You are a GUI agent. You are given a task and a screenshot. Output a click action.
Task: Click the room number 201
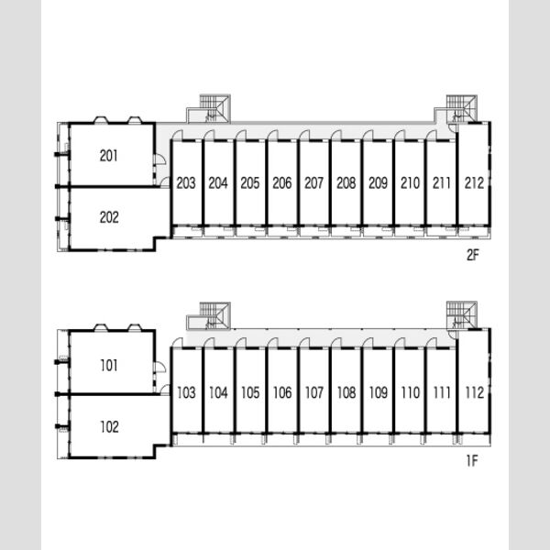[108, 156]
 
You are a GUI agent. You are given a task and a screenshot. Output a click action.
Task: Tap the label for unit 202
[109, 217]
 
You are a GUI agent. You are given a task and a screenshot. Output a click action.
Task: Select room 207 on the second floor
[313, 182]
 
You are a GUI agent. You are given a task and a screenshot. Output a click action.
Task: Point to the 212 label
[474, 182]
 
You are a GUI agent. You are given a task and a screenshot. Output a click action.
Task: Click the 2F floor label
[472, 256]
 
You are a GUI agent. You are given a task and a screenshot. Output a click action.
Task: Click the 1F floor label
[472, 461]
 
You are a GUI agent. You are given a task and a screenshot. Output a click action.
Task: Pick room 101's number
[109, 366]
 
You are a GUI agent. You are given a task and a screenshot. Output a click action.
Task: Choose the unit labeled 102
[109, 427]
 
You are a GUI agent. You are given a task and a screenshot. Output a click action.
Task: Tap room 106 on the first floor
[282, 392]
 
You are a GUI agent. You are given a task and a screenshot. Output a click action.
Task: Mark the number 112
[475, 392]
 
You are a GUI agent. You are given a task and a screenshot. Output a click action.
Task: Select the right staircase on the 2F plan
[461, 109]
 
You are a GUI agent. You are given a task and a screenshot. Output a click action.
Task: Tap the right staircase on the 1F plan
[462, 315]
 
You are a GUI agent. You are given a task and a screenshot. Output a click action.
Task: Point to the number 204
[218, 182]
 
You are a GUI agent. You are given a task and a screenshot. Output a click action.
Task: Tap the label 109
[378, 392]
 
